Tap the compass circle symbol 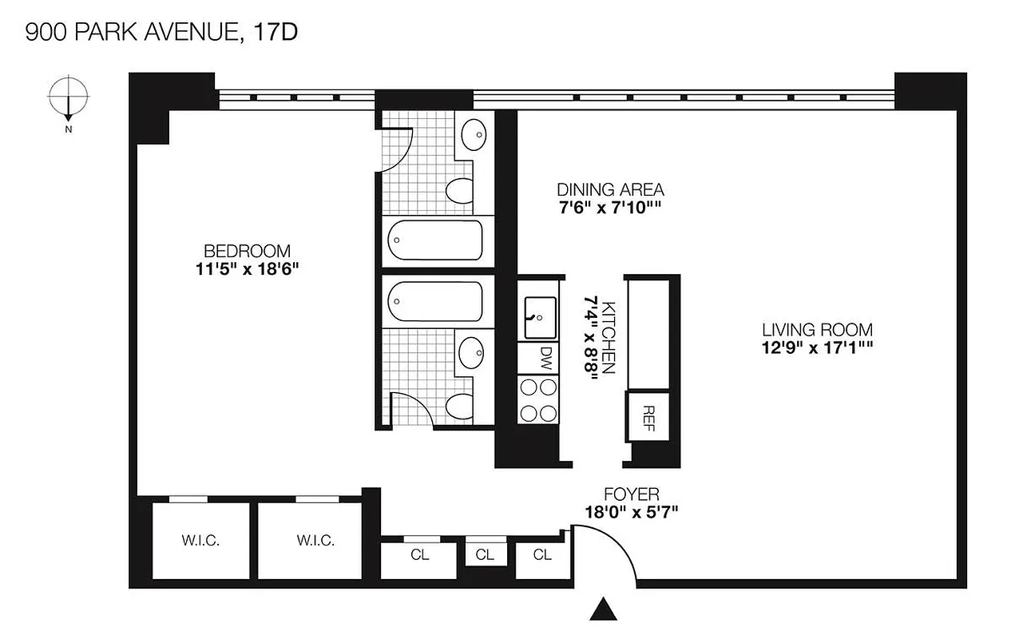(x=68, y=95)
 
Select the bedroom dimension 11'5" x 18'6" (x=246, y=269)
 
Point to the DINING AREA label (x=610, y=189)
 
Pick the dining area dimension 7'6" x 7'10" (x=610, y=208)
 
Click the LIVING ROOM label (x=816, y=329)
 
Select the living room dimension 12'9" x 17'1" (x=816, y=347)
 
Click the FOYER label (x=631, y=494)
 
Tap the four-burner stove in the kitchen (x=538, y=399)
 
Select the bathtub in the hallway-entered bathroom (x=435, y=300)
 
